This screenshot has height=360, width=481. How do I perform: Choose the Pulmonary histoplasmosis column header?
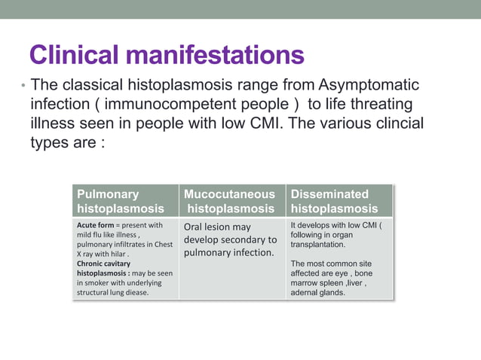[x=121, y=201]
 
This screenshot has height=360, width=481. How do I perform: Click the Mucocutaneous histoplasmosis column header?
[x=231, y=201]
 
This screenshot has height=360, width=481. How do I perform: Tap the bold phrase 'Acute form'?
[x=100, y=225]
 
